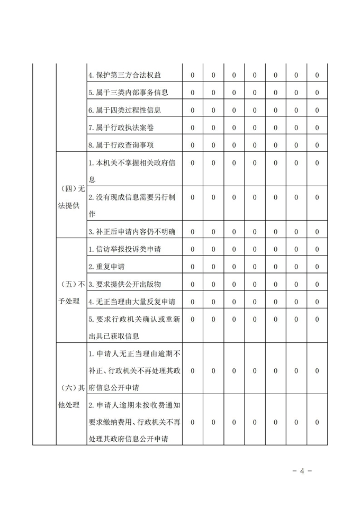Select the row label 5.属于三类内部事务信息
click(129, 93)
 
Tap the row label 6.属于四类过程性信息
click(125, 110)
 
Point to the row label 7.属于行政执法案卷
click(122, 128)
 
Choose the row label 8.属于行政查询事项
click(122, 145)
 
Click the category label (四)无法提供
click(71, 197)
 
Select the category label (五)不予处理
click(71, 293)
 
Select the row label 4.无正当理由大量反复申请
click(132, 301)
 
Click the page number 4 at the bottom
click(302, 471)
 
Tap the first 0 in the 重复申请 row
click(192, 266)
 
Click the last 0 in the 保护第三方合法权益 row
click(317, 75)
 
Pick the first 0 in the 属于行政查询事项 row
click(192, 145)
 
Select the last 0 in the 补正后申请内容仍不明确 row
click(317, 231)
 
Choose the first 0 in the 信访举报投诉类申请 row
click(192, 249)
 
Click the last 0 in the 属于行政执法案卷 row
click(317, 128)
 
